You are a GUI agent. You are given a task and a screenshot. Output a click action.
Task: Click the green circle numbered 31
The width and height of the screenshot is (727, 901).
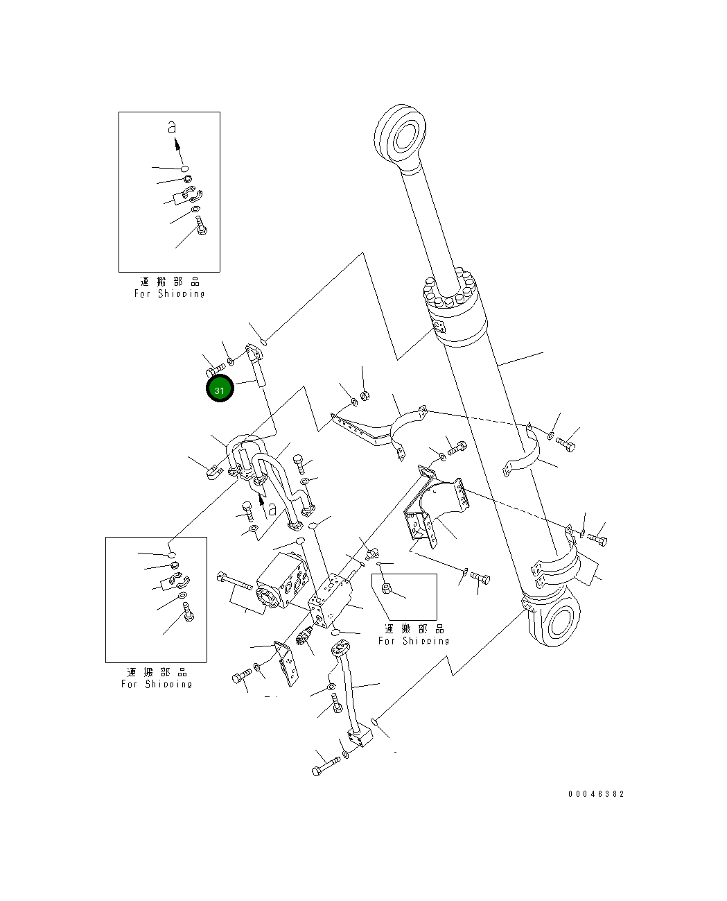coord(220,389)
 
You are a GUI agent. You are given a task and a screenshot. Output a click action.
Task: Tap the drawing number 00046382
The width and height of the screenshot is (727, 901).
coord(595,793)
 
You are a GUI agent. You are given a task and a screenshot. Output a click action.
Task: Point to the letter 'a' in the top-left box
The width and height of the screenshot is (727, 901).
coord(173,128)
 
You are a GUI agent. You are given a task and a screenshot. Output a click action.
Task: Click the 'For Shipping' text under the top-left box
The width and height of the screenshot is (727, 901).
coord(169,293)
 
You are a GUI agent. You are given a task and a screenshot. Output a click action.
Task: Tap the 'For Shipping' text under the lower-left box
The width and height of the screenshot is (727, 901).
coord(157,684)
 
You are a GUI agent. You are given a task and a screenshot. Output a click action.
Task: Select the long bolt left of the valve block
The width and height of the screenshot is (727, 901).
coord(236,580)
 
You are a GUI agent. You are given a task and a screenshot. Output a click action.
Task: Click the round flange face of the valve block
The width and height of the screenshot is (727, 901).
coord(268,597)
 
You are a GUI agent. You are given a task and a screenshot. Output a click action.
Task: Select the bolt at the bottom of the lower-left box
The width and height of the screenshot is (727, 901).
coord(189,612)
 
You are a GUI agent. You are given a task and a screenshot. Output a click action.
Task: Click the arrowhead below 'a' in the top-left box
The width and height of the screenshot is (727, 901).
coord(177,146)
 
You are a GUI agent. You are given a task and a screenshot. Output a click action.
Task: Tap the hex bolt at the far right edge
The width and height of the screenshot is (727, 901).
coord(597,539)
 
